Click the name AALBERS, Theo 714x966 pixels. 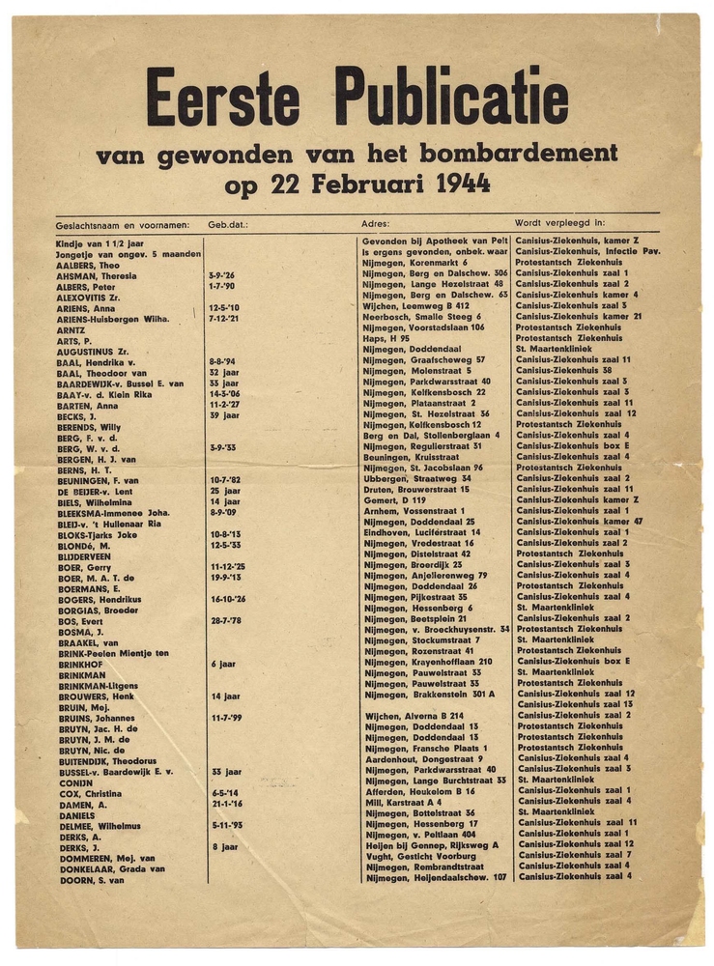[x=88, y=264]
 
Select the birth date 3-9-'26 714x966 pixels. [x=221, y=274]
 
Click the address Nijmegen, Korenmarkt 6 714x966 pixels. [x=415, y=263]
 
